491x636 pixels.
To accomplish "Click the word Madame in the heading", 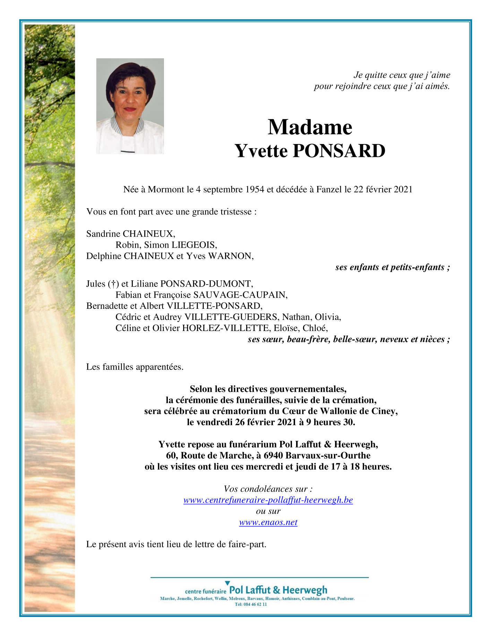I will point(310,127).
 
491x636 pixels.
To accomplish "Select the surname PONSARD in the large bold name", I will point(339,151).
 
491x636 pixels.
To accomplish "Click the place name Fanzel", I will point(329,189).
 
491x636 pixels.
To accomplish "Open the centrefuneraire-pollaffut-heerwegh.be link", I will point(268,500).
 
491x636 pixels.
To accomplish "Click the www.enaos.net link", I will point(268,522).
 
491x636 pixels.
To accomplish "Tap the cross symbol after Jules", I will point(113,284).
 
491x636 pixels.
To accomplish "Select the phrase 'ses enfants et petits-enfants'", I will point(390,267).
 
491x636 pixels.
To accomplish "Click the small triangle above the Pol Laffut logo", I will point(227,583).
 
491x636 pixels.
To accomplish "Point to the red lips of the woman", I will point(130,109).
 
